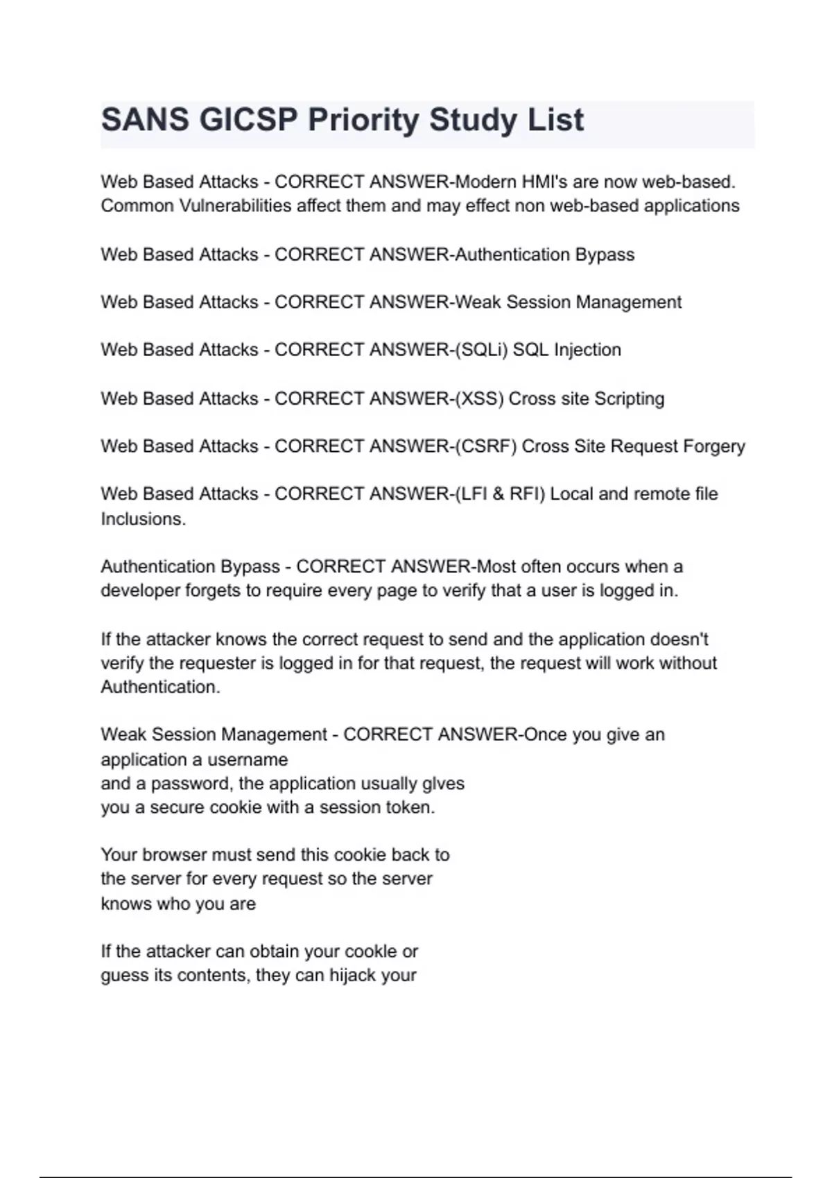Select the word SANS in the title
(x=145, y=120)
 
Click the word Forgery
(x=714, y=446)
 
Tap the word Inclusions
(x=143, y=519)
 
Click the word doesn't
(x=679, y=639)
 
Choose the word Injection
(x=587, y=350)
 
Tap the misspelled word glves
(x=443, y=784)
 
